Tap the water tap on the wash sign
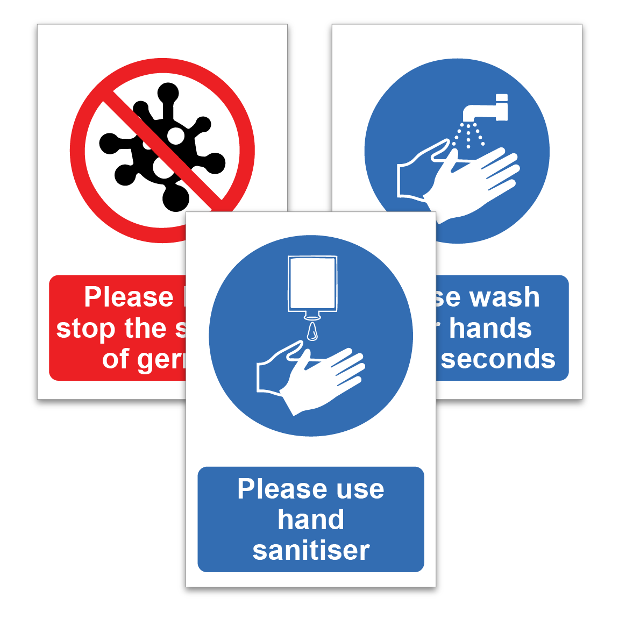(484, 110)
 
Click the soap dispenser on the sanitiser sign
(313, 284)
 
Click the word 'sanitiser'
(311, 550)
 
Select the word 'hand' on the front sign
(311, 520)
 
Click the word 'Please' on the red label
(129, 297)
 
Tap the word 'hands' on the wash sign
(490, 328)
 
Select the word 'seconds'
(498, 359)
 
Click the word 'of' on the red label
(115, 359)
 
